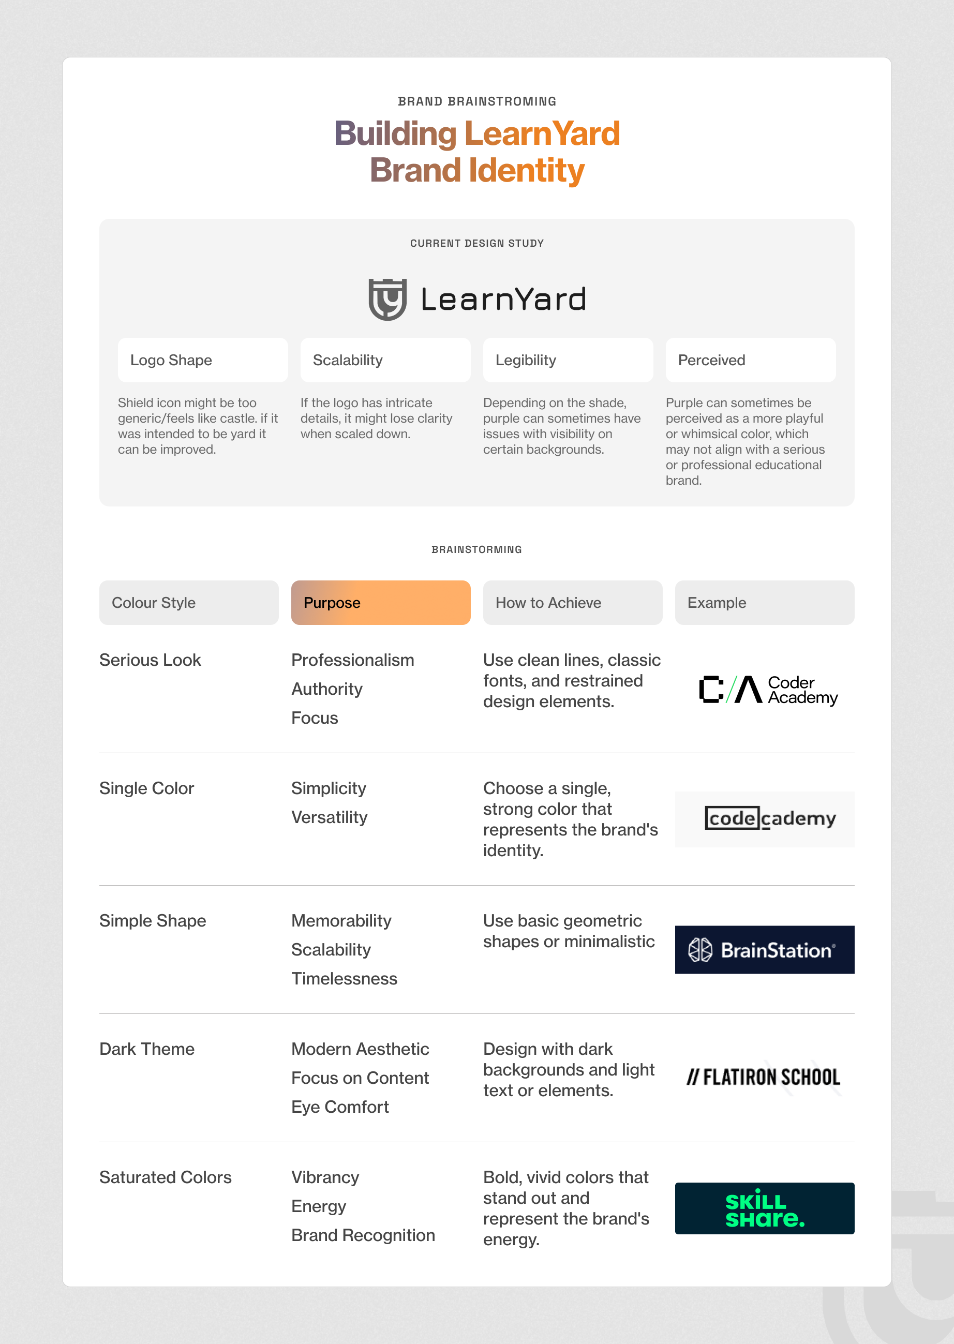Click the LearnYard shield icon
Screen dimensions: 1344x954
[387, 299]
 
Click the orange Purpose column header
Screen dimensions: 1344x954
[381, 603]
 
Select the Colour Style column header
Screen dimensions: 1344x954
[188, 603]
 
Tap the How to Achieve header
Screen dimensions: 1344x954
[572, 603]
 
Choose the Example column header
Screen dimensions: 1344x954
[764, 603]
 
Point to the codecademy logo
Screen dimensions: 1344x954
[769, 818]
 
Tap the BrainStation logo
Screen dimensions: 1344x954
[764, 950]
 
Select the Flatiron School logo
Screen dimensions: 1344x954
[763, 1077]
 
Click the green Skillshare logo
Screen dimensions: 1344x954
[764, 1208]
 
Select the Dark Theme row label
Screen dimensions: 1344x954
[147, 1049]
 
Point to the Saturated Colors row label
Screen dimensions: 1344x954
[165, 1177]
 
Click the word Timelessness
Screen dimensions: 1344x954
[344, 979]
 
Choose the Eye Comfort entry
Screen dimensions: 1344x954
[340, 1107]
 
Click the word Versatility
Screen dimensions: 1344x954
[330, 817]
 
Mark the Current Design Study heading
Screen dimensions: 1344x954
[477, 243]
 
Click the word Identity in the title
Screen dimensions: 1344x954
[526, 170]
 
